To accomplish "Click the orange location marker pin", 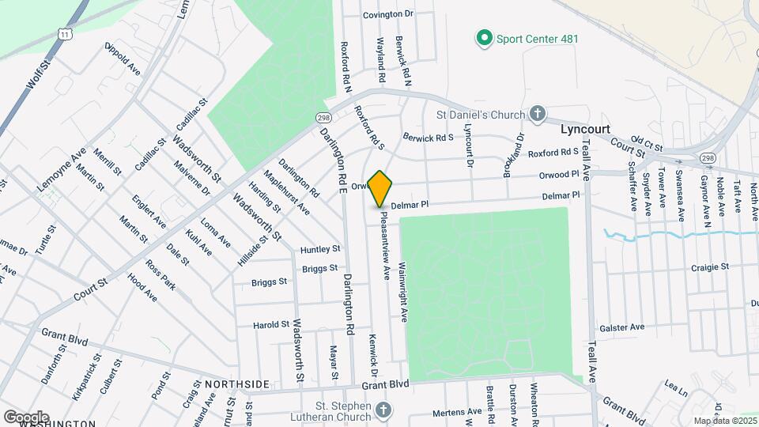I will [380, 188].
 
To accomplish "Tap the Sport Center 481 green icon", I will [483, 37].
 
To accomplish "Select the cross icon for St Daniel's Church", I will [538, 115].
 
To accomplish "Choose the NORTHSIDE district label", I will [237, 384].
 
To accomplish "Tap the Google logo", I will [26, 417].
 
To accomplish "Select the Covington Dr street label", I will [388, 14].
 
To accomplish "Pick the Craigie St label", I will [709, 267].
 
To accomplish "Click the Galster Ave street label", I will [622, 327].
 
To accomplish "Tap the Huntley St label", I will [319, 250].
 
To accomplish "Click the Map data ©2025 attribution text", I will [725, 421].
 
